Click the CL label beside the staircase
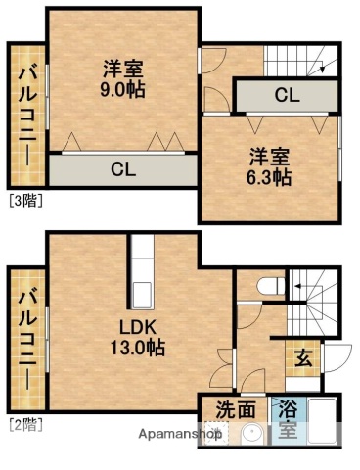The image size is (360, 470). coord(287,96)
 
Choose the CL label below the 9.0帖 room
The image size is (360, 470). coord(122,169)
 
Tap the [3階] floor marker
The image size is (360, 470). coord(25,202)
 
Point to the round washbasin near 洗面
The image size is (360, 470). coord(252,434)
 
